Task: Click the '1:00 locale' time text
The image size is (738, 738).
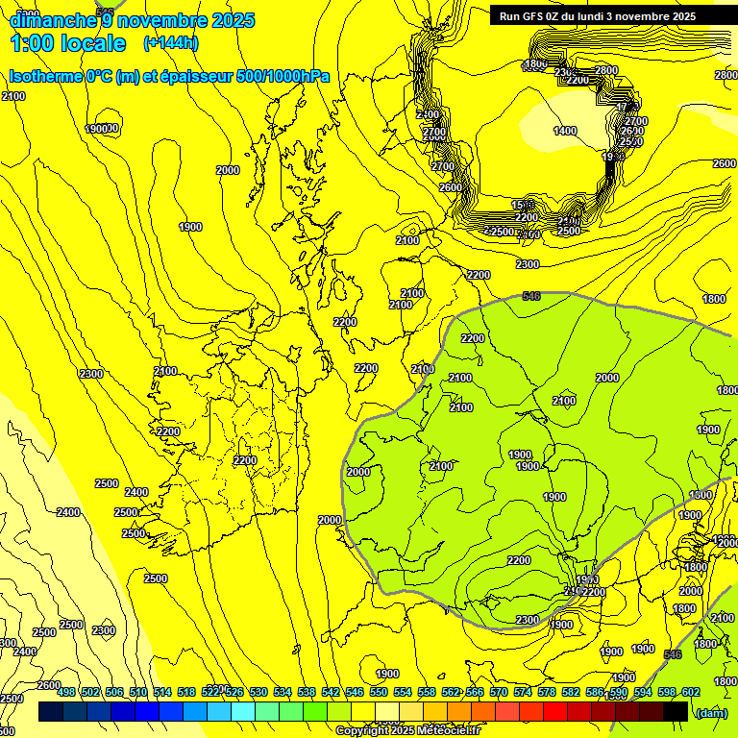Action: click(x=67, y=43)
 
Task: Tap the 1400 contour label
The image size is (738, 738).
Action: click(x=565, y=131)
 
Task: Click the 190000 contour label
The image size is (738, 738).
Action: click(x=102, y=129)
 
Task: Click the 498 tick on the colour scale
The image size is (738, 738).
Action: click(x=66, y=692)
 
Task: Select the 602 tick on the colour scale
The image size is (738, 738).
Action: click(x=690, y=692)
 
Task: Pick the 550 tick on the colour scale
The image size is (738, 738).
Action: click(x=379, y=692)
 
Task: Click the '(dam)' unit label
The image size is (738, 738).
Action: click(x=712, y=713)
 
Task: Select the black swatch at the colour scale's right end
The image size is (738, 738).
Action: click(x=676, y=711)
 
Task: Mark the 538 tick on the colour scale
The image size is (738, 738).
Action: click(x=307, y=692)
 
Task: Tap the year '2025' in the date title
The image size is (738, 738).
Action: click(x=227, y=20)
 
